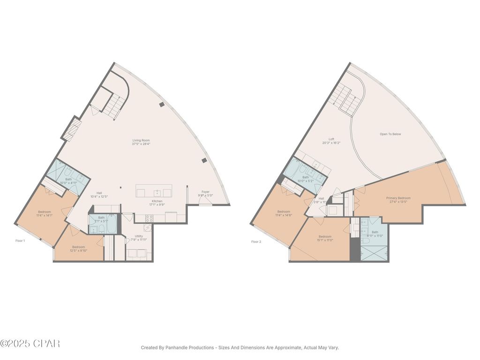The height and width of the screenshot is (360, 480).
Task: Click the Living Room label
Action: pyautogui.click(x=141, y=142)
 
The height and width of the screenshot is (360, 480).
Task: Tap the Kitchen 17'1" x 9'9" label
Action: pyautogui.click(x=157, y=203)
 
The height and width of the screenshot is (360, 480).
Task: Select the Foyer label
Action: pyautogui.click(x=205, y=193)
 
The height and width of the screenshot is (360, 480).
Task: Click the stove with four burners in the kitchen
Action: pyautogui.click(x=150, y=218)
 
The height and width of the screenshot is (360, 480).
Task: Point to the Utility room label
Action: pyautogui.click(x=139, y=238)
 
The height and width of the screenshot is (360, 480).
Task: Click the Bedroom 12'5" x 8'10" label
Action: pyautogui.click(x=78, y=248)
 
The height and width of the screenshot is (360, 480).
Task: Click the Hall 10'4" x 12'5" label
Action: pyautogui.click(x=99, y=195)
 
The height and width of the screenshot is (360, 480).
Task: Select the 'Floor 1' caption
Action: pyautogui.click(x=20, y=240)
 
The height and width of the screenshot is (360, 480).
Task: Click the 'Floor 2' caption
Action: pyautogui.click(x=256, y=242)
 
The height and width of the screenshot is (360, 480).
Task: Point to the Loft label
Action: pyautogui.click(x=331, y=141)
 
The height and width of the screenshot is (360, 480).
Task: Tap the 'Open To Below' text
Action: pyautogui.click(x=390, y=134)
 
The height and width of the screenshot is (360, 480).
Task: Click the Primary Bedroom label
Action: pyautogui.click(x=398, y=200)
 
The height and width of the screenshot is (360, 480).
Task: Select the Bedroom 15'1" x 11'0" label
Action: pyautogui.click(x=325, y=238)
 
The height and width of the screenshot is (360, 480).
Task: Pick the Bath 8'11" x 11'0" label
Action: pyautogui.click(x=375, y=233)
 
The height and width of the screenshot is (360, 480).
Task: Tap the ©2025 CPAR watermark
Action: pyautogui.click(x=30, y=344)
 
